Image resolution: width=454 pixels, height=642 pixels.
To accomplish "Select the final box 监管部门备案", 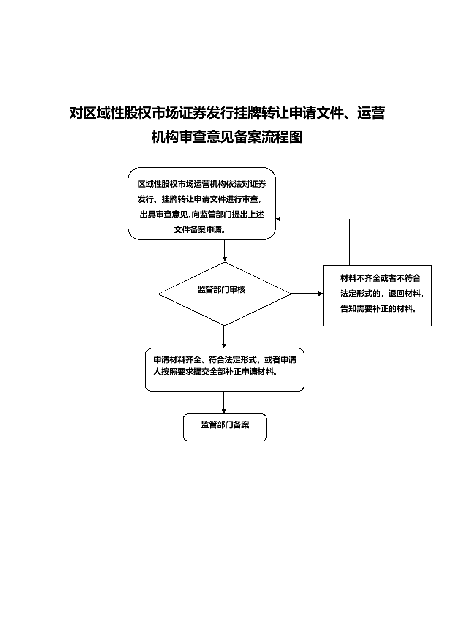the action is (x=225, y=427).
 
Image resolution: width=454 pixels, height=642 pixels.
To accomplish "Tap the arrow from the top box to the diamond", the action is (x=225, y=251).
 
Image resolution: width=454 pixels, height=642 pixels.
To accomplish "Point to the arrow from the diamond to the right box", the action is (x=307, y=294).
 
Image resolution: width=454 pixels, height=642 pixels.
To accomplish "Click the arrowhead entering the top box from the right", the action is (x=277, y=219).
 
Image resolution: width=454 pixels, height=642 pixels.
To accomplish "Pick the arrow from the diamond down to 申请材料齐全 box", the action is (x=224, y=337).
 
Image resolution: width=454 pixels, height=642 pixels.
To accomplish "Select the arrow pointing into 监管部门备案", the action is (x=224, y=403).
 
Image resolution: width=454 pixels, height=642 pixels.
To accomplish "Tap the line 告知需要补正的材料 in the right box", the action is (x=378, y=309).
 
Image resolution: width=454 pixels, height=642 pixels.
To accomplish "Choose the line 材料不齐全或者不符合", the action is (x=381, y=278).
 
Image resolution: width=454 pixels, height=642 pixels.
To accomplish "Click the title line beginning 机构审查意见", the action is (x=227, y=137).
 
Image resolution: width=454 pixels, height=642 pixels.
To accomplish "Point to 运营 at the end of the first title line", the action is (x=371, y=113).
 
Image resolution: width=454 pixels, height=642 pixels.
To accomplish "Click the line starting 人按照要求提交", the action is (x=215, y=372).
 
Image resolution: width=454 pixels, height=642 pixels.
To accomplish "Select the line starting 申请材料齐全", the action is (x=225, y=359).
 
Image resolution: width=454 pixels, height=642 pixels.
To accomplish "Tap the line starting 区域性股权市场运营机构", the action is (x=202, y=184).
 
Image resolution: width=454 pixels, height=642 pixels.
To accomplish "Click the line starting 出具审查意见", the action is (x=202, y=215).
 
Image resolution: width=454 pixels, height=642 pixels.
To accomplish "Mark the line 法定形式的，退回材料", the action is (x=382, y=293).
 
